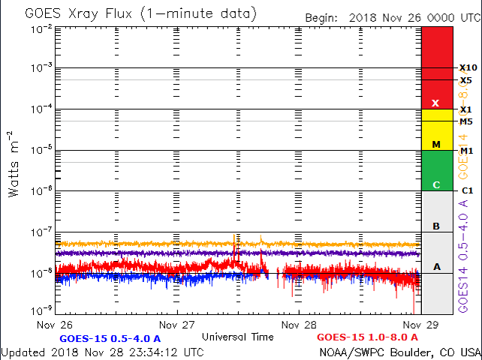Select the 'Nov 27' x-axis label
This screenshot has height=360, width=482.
178,325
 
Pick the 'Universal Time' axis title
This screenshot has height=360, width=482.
238,337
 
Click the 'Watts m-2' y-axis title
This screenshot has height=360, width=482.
14,163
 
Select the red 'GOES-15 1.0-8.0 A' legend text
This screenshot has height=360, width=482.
367,338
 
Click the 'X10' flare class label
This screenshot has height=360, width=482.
468,68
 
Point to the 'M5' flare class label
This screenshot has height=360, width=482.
466,121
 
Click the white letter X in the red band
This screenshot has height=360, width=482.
435,103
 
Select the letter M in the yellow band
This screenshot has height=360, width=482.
435,143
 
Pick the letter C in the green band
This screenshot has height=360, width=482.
435,184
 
